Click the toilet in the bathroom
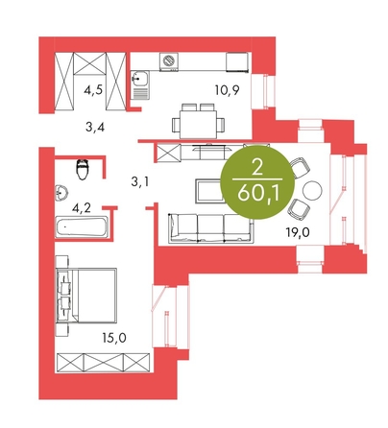point(83,170)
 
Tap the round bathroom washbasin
point(61,193)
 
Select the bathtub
point(82,227)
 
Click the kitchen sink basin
point(140,79)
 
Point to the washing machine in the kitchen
point(169,61)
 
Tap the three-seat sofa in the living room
point(210,228)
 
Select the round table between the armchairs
point(312,191)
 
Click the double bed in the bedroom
point(86,296)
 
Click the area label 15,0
point(114,338)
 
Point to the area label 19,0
point(298,232)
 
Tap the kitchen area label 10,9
point(228,90)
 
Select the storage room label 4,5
point(93,90)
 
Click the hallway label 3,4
point(95,128)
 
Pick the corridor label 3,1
point(140,182)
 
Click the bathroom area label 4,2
point(82,208)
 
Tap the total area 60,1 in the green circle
point(258,194)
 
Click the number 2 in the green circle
point(257,167)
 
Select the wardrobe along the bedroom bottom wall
point(103,363)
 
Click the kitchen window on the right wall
point(263,92)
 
